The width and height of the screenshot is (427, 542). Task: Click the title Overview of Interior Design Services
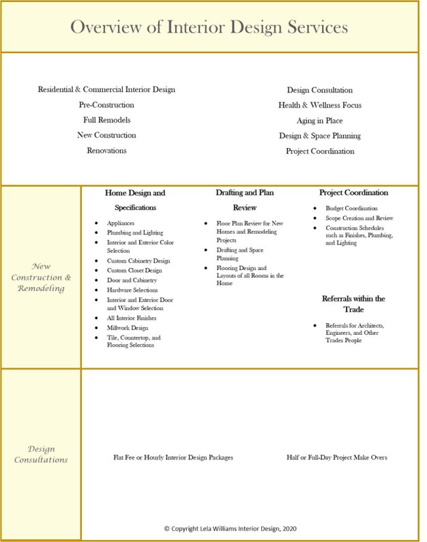(x=209, y=27)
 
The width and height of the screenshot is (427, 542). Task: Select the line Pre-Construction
(x=106, y=105)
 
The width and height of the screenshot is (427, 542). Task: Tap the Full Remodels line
(x=106, y=120)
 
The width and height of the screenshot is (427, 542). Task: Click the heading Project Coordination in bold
(x=353, y=193)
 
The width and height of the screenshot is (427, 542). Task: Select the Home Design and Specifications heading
(x=135, y=200)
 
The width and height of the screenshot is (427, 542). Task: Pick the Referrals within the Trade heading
(x=353, y=304)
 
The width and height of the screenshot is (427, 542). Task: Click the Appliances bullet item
(x=121, y=223)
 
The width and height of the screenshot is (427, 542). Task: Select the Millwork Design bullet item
(x=128, y=328)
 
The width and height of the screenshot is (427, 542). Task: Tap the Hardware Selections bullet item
(x=132, y=290)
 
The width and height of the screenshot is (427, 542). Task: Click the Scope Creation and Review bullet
(x=359, y=218)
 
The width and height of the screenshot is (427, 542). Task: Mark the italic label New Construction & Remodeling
(x=41, y=277)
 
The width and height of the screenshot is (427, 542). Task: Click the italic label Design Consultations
(x=41, y=454)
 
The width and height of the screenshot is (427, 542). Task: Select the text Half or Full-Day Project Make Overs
(x=337, y=457)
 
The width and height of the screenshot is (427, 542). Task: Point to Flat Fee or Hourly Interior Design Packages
(x=173, y=457)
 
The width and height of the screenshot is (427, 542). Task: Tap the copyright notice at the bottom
(x=230, y=528)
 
